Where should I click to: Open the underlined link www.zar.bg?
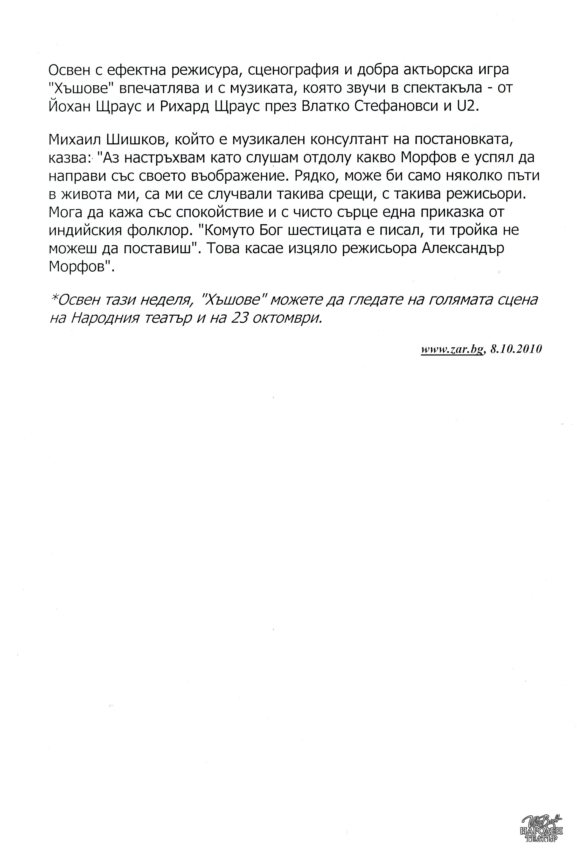(x=451, y=349)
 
